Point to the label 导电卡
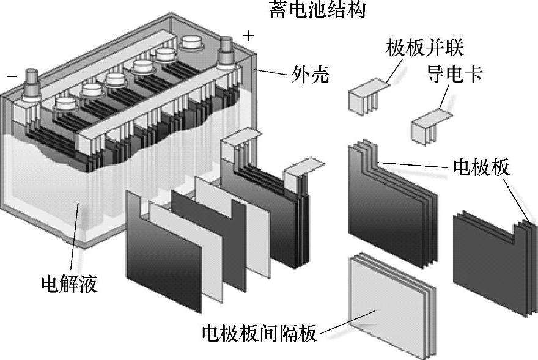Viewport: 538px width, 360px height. click(454, 75)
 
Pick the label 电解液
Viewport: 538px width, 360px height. click(69, 284)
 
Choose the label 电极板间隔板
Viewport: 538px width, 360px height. click(259, 334)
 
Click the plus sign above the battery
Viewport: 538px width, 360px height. click(248, 36)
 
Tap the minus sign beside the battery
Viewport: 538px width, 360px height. click(11, 78)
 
